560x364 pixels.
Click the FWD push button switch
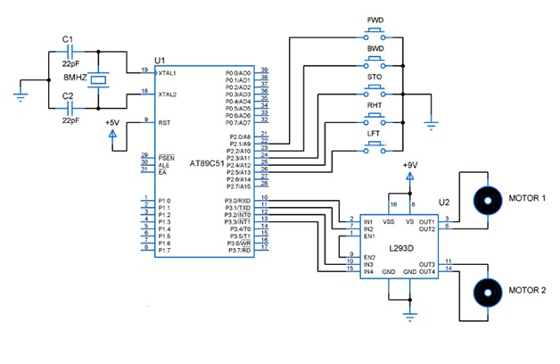tap(374, 35)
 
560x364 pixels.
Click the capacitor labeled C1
tap(69, 53)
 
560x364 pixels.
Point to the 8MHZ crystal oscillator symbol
tap(103, 79)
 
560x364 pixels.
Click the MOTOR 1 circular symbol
tap(487, 198)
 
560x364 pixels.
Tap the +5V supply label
tap(113, 121)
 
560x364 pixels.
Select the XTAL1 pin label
tap(169, 72)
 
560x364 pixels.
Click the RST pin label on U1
tap(164, 123)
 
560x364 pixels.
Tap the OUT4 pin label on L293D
tap(426, 272)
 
